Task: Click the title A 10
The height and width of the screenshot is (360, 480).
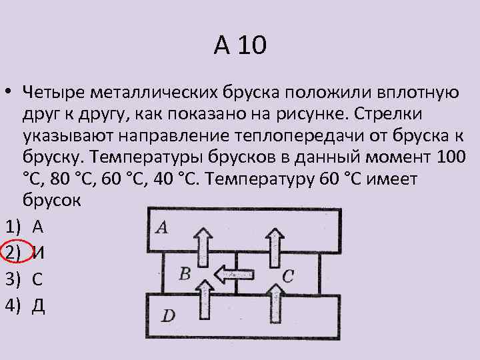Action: pyautogui.click(x=240, y=46)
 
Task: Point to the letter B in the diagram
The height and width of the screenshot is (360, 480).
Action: pyautogui.click(x=185, y=272)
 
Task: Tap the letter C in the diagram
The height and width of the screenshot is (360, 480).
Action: pyautogui.click(x=287, y=275)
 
